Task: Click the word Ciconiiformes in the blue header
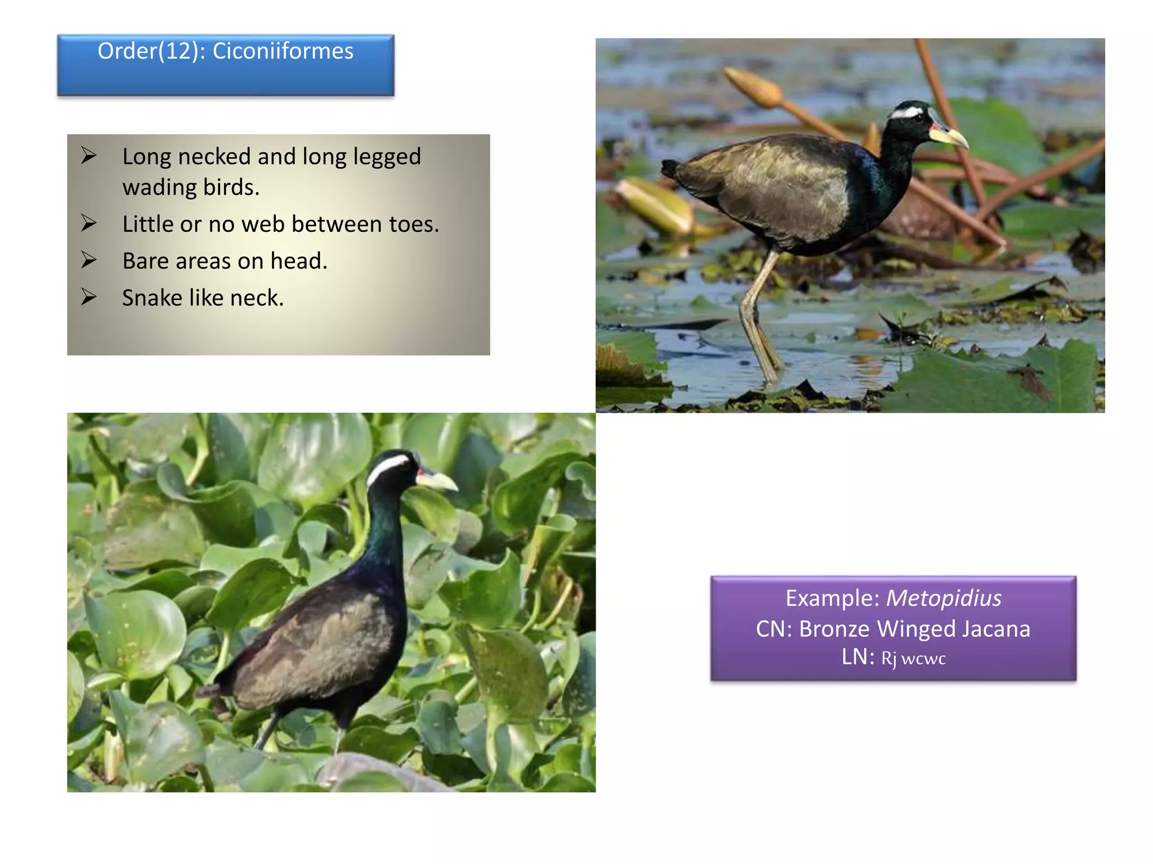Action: pyautogui.click(x=283, y=51)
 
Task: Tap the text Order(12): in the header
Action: pyautogui.click(x=151, y=51)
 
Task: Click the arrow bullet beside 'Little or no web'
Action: pyautogui.click(x=89, y=223)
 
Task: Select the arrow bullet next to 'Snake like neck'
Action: pyautogui.click(x=89, y=296)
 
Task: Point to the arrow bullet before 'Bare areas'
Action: pyautogui.click(x=89, y=260)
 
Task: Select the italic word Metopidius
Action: pyautogui.click(x=944, y=598)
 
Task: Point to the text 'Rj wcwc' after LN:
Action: pyautogui.click(x=913, y=658)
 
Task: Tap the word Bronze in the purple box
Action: pyautogui.click(x=834, y=629)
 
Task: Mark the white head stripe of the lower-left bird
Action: pyautogui.click(x=387, y=467)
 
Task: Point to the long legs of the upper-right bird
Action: pyautogui.click(x=757, y=315)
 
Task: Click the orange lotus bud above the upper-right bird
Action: pyautogui.click(x=752, y=87)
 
